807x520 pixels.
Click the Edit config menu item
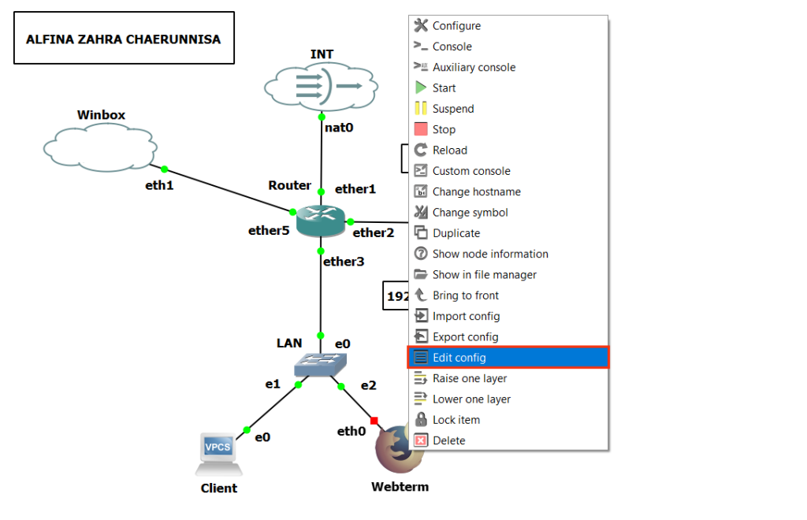[459, 358]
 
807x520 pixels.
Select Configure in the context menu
[456, 26]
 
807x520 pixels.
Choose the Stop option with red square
[444, 129]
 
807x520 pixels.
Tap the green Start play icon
[421, 88]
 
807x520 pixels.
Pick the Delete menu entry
[448, 440]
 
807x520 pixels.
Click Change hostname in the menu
[476, 191]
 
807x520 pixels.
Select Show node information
[489, 254]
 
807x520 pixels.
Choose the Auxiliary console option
[474, 68]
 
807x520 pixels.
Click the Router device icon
[321, 221]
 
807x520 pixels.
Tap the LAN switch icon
[320, 364]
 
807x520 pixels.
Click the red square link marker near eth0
[374, 420]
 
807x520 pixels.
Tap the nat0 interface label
[339, 127]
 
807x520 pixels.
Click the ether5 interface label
[269, 231]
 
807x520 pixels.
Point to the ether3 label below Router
[344, 261]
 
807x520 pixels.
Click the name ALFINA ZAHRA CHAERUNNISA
[124, 39]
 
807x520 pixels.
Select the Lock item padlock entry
[456, 420]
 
